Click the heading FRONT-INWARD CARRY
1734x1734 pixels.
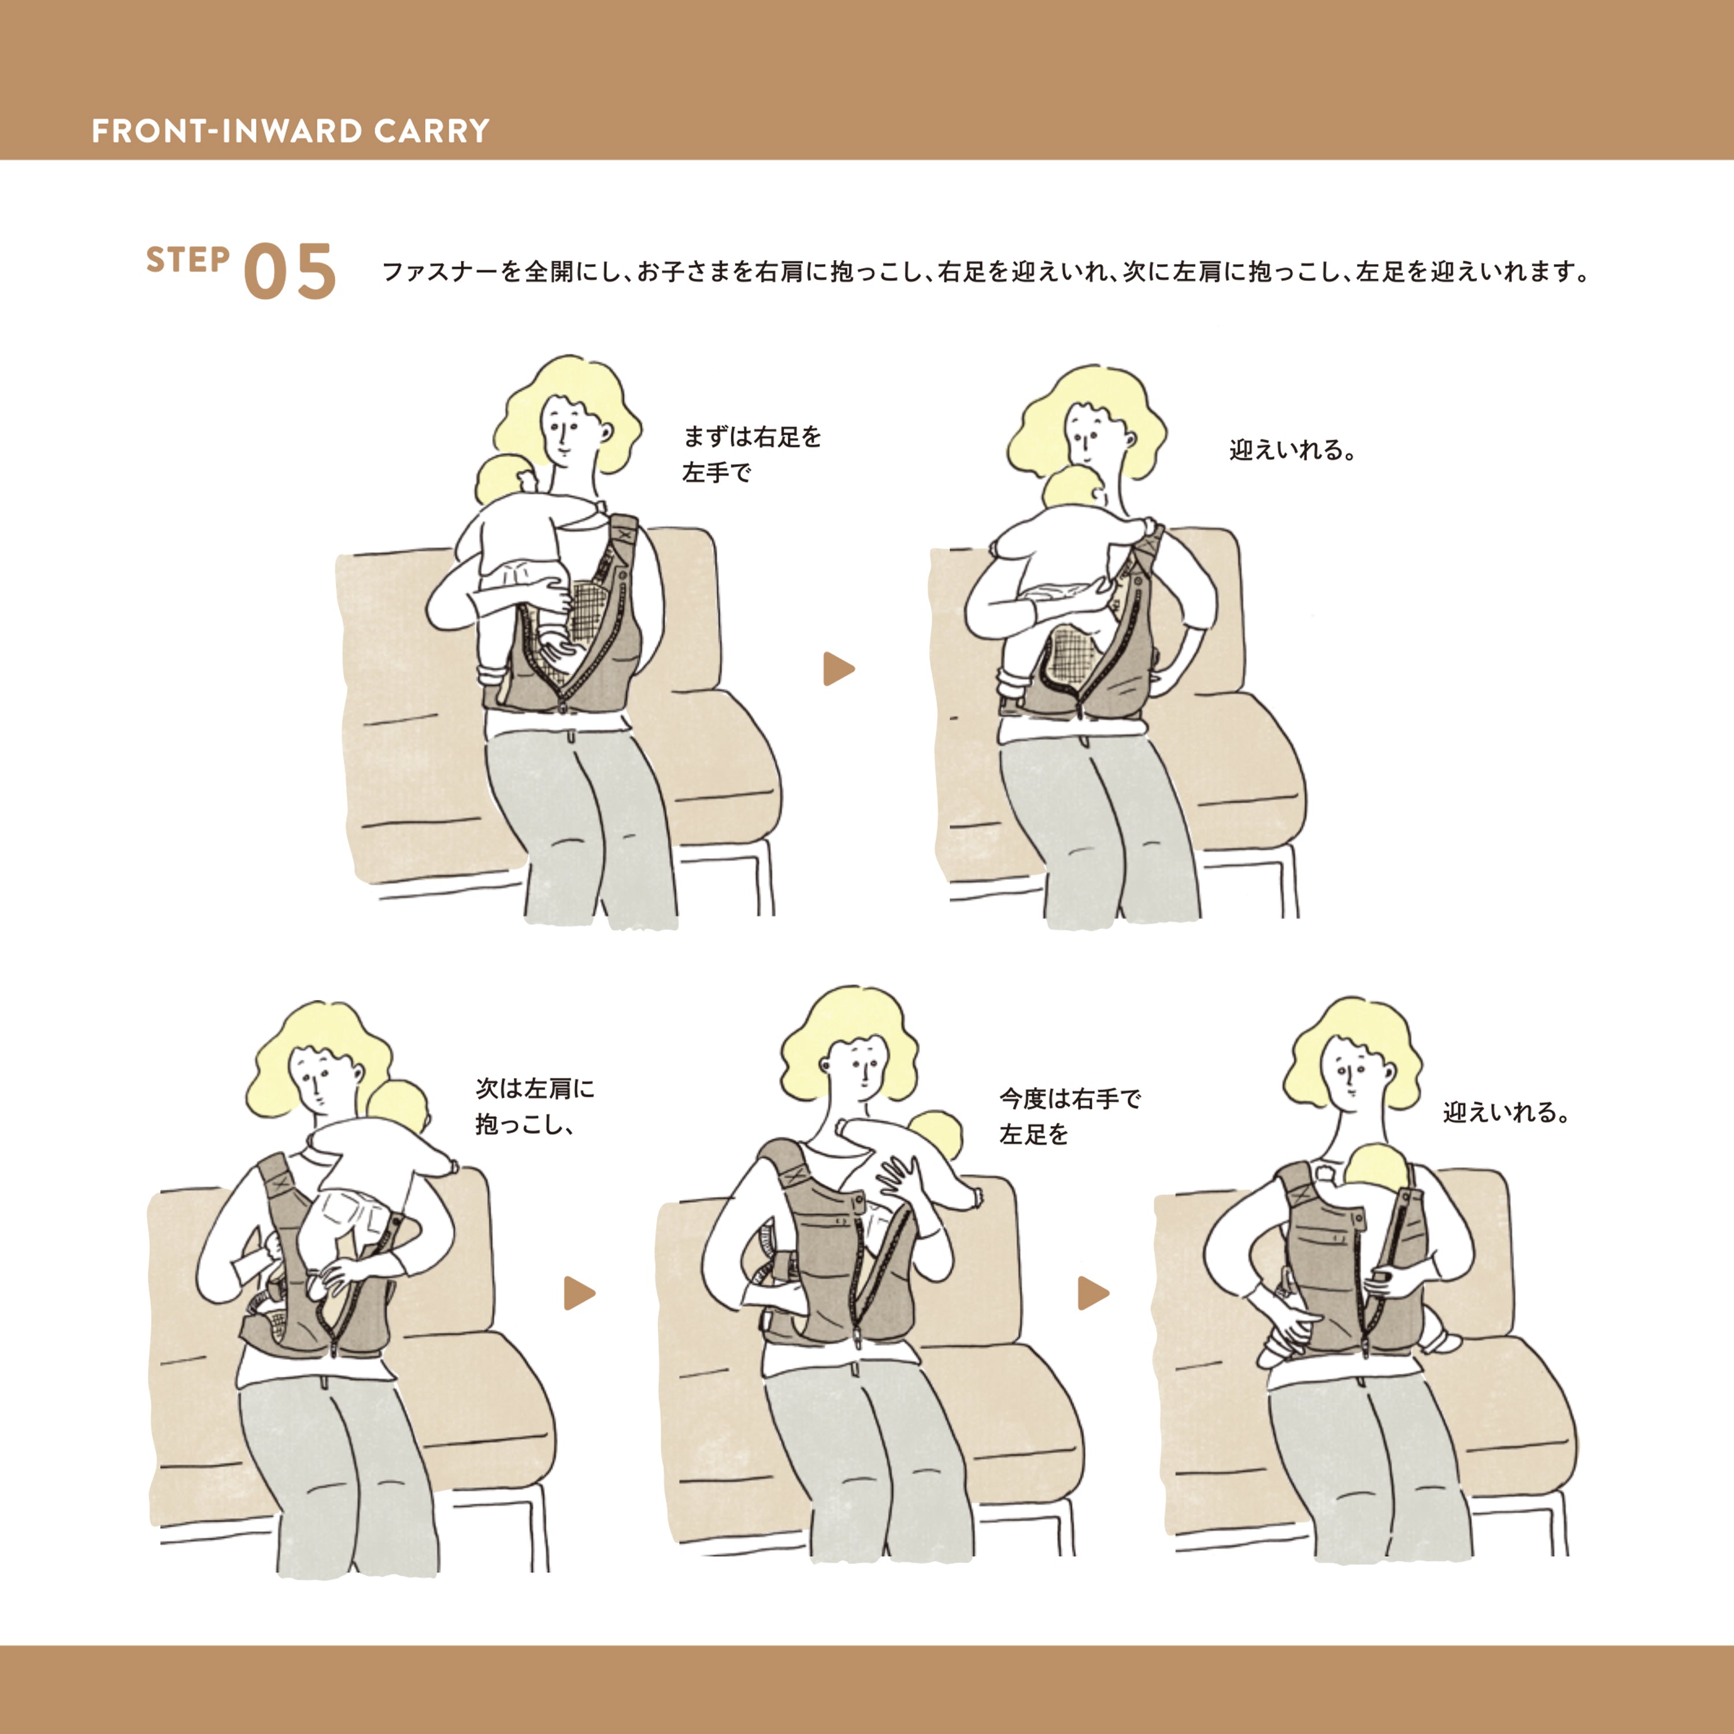click(291, 131)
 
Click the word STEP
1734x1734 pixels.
click(188, 260)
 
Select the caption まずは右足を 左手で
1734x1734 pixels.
click(752, 454)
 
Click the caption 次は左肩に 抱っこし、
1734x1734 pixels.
click(535, 1106)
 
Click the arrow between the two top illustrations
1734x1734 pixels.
click(838, 669)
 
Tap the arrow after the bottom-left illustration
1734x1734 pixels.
click(579, 1294)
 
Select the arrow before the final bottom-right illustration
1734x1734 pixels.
click(1093, 1294)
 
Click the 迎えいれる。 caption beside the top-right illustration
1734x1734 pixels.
click(1292, 450)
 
